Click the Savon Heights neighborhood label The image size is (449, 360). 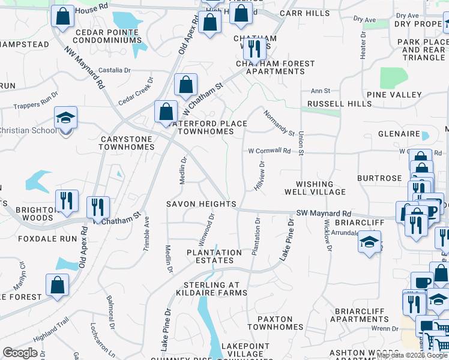point(201,204)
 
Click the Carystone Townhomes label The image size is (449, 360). point(127,142)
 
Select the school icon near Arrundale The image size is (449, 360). point(369,241)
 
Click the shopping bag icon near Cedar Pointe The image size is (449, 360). point(62,17)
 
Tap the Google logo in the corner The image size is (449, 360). point(20,353)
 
